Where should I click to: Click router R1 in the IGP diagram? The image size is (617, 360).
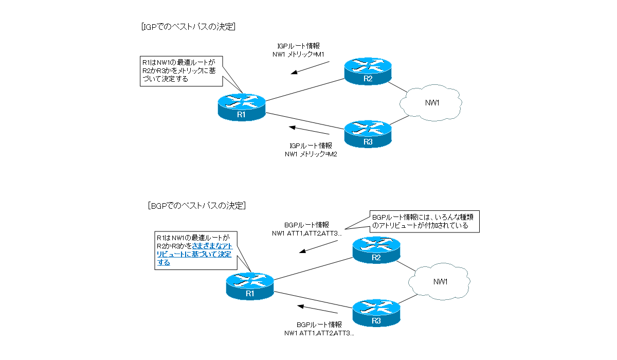tap(242, 107)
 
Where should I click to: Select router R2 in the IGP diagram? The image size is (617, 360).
tap(368, 71)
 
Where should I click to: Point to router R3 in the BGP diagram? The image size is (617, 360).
tap(376, 313)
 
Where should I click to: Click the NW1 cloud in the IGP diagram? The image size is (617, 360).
tap(432, 103)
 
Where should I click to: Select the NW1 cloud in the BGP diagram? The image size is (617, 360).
tap(441, 282)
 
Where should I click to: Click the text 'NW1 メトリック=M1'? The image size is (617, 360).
tap(298, 54)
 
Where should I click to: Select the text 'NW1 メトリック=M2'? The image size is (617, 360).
tap(311, 154)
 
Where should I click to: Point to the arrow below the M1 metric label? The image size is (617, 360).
tap(309, 68)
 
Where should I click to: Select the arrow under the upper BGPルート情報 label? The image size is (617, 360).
tap(317, 247)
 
